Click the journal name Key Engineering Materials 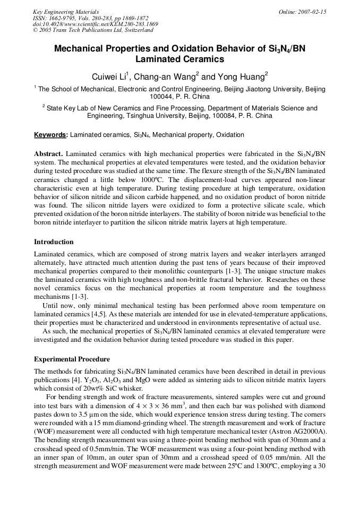66,12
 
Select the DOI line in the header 96,24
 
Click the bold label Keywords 50,135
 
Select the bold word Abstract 48,153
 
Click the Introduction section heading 54,242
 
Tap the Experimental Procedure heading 72,359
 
